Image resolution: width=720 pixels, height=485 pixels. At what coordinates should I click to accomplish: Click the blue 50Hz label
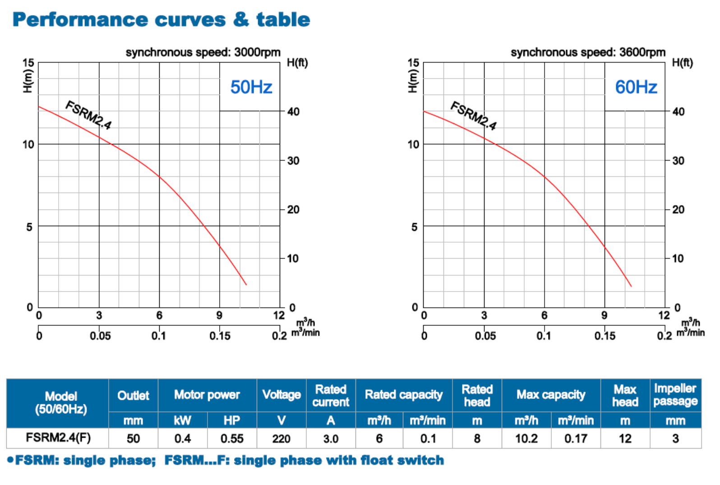click(251, 87)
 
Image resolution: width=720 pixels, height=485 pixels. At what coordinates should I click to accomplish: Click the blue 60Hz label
click(636, 87)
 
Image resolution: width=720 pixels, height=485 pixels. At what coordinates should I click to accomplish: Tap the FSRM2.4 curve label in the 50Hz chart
click(88, 114)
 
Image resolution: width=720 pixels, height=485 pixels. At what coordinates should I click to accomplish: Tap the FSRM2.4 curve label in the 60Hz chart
click(474, 115)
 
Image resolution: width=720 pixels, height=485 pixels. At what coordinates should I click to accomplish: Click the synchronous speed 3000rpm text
click(203, 52)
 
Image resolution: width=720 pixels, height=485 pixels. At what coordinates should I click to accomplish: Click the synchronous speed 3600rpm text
click(588, 52)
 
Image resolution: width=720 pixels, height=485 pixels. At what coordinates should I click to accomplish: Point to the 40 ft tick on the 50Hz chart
click(293, 111)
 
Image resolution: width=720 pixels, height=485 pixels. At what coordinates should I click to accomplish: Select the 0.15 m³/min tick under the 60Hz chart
click(605, 336)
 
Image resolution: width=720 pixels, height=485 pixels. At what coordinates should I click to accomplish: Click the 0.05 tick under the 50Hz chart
click(100, 336)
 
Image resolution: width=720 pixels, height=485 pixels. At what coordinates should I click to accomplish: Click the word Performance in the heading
click(80, 20)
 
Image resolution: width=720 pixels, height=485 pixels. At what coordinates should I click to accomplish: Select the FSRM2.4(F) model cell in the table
click(58, 438)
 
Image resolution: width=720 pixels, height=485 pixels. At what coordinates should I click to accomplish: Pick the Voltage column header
click(282, 395)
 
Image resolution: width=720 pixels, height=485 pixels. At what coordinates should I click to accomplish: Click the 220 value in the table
click(282, 439)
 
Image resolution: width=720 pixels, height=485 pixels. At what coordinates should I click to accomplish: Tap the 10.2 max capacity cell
click(526, 439)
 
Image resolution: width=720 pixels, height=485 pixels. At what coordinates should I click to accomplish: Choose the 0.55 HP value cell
click(232, 439)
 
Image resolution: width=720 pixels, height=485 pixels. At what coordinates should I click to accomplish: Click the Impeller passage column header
click(675, 394)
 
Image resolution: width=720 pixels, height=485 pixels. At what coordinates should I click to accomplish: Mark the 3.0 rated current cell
click(331, 439)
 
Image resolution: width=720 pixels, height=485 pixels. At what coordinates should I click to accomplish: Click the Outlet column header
click(133, 395)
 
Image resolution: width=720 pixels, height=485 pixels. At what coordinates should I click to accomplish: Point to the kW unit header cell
click(182, 421)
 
